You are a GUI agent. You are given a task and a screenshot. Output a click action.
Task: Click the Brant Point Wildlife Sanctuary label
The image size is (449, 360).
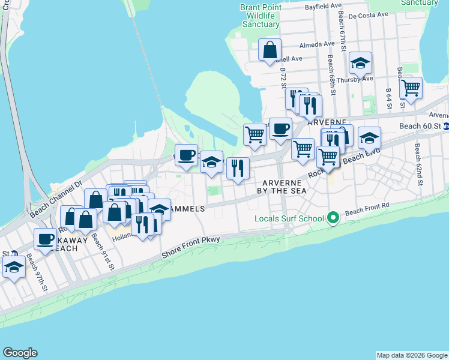click(x=261, y=16)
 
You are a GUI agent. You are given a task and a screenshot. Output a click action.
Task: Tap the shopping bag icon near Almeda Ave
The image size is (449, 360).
click(x=270, y=49)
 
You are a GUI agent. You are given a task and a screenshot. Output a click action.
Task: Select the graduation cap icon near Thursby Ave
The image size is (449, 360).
click(x=360, y=63)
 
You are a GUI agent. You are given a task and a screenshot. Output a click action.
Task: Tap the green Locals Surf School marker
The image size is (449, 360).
click(x=333, y=218)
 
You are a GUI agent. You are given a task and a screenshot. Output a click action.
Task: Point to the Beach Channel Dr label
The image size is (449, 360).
click(x=55, y=200)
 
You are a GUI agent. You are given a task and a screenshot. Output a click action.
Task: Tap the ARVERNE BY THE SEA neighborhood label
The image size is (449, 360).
click(x=284, y=186)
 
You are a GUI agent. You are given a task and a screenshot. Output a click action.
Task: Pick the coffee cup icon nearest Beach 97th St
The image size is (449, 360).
click(x=45, y=239)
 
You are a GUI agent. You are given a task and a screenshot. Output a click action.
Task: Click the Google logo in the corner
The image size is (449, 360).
click(x=20, y=353)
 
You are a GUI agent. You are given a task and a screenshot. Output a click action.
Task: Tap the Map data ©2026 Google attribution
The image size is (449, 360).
click(x=411, y=355)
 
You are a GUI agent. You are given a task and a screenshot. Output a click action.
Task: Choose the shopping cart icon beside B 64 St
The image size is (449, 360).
click(x=411, y=88)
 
